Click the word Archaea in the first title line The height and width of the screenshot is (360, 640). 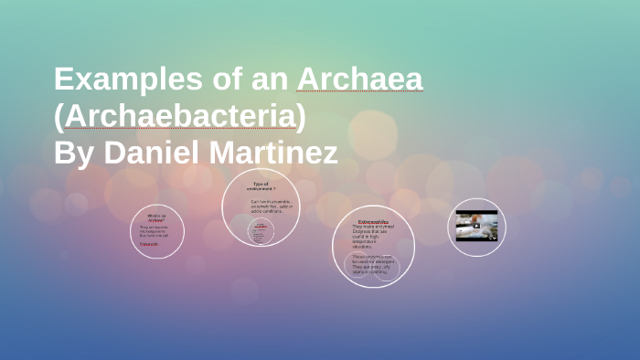pos(359,80)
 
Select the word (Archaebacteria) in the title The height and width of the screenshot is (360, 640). pos(180,116)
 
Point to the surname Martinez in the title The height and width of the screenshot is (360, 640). pos(275,152)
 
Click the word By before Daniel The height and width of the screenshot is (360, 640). pos(74,152)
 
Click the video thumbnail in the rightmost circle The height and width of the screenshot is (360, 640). pos(476,226)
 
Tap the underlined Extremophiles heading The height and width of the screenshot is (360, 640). pos(373,222)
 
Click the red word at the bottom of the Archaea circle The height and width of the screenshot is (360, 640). pos(149,244)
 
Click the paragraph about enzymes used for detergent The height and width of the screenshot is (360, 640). pos(373,263)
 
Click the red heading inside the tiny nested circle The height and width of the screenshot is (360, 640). pos(261,225)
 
